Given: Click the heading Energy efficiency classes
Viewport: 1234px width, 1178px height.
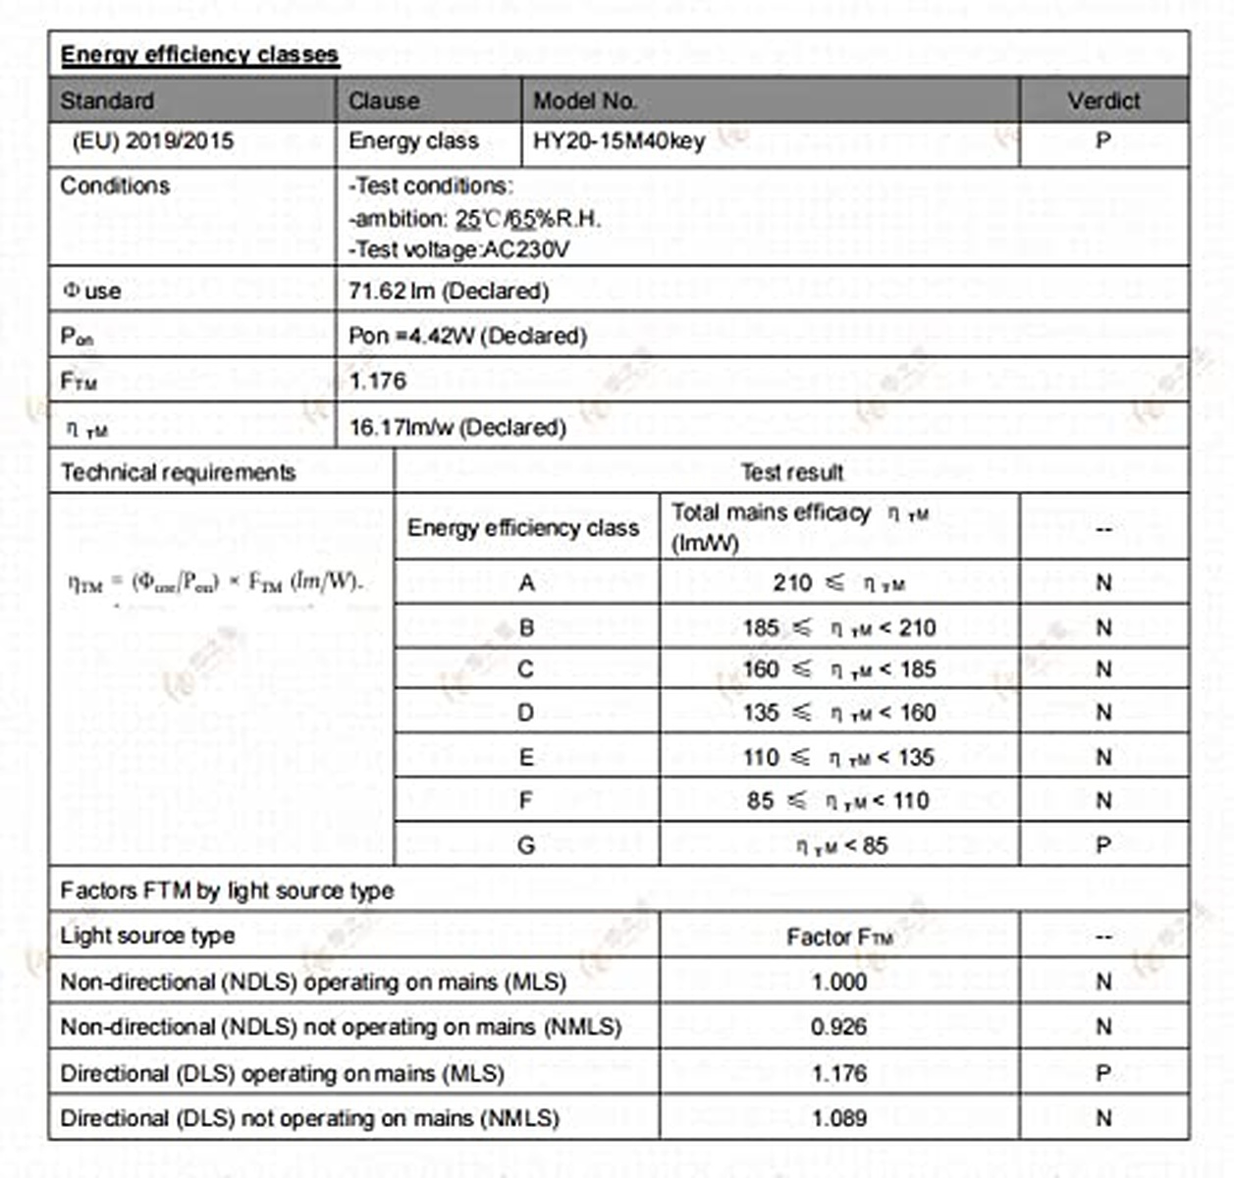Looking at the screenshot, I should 199,55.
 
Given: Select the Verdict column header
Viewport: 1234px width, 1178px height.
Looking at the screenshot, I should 1103,101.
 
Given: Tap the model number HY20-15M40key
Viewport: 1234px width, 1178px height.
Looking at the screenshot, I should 618,141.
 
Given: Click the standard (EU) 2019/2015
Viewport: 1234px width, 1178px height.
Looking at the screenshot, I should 152,141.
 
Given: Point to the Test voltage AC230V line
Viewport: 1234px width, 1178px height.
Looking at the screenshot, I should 458,250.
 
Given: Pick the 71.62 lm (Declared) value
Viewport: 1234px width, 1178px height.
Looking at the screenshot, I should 449,292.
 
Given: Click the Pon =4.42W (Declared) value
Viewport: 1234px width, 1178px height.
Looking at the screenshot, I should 467,337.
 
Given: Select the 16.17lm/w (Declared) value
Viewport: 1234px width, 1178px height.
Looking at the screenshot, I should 457,428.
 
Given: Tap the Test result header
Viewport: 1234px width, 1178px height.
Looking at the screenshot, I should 791,473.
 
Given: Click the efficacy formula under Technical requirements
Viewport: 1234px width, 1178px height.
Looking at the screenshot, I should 215,582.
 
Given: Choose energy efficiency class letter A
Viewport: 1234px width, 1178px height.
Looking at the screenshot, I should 526,583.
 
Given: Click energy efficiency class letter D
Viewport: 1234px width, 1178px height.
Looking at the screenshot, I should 526,713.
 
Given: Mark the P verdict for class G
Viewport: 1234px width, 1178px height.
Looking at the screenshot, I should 1103,845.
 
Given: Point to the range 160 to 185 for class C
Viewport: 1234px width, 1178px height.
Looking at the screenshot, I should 839,670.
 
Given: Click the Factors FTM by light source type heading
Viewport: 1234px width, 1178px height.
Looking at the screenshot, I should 227,891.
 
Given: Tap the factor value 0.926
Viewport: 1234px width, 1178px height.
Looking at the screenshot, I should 838,1028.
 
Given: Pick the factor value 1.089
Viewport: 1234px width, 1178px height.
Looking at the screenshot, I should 838,1118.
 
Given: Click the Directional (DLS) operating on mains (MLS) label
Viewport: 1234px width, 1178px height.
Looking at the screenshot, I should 283,1074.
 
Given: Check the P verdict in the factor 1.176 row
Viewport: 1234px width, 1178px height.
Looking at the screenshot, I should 1103,1074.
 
